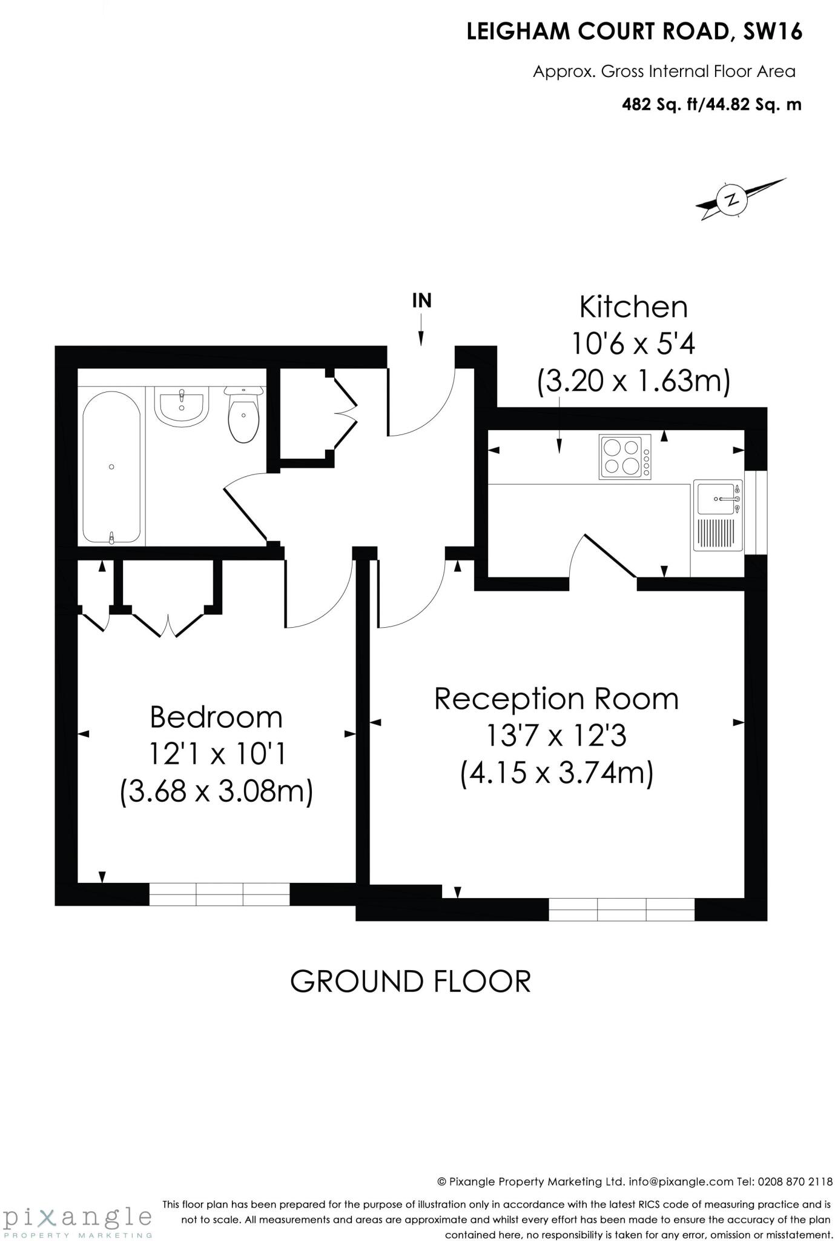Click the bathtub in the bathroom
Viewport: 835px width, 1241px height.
click(x=112, y=466)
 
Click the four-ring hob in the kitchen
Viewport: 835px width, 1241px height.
click(x=624, y=457)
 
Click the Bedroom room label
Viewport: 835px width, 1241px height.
click(x=216, y=717)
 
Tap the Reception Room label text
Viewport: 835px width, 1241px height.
click(x=556, y=699)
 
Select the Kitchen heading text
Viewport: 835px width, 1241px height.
click(x=633, y=307)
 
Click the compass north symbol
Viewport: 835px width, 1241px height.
click(x=733, y=199)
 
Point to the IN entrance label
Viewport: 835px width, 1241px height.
click(x=421, y=301)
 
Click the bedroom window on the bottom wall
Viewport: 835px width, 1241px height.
click(x=219, y=894)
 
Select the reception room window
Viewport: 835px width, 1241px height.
click(x=621, y=909)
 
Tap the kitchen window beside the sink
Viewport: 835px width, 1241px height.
click(x=756, y=512)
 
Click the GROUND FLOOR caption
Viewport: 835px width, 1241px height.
click(x=411, y=981)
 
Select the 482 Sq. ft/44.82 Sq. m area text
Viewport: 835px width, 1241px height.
click(x=711, y=105)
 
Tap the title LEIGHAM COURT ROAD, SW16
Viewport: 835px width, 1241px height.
click(x=634, y=32)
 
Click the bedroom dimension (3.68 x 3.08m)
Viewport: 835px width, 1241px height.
click(x=216, y=792)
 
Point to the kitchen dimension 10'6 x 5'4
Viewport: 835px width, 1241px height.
click(x=633, y=345)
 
